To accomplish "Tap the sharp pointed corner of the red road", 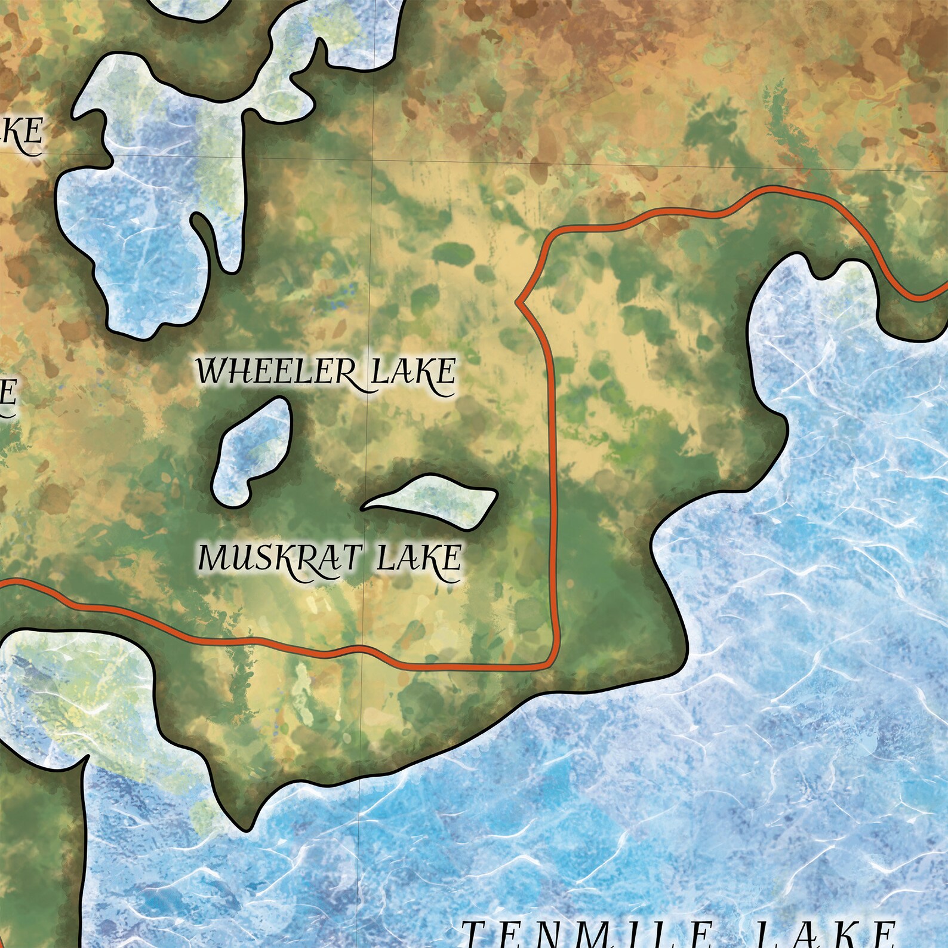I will pyautogui.click(x=519, y=303).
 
